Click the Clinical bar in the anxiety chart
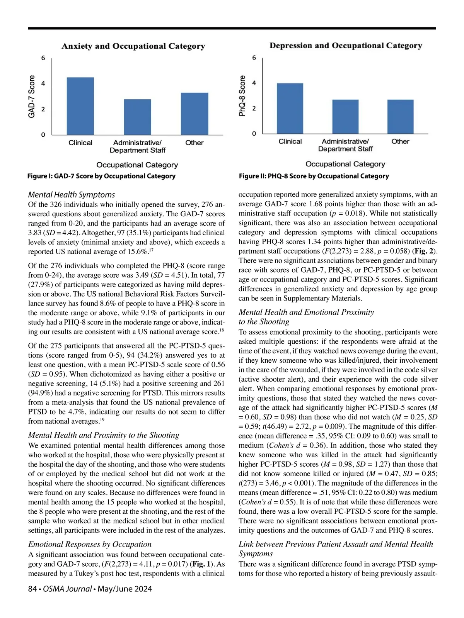coord(80,106)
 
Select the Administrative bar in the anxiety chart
coord(137,117)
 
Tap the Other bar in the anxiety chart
coord(194,114)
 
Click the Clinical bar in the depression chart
coord(290,109)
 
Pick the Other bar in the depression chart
coord(400,117)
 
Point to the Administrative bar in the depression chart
coord(345,117)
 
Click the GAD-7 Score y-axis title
coord(32,96)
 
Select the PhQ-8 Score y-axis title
coord(242,96)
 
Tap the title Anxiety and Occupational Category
coord(133,46)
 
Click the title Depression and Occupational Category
coord(346,46)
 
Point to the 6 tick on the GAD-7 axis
coord(43,58)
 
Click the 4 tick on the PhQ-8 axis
coord(254,83)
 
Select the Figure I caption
coord(101,176)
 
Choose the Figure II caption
coord(314,176)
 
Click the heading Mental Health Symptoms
coord(72,195)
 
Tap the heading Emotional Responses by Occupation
coord(90,544)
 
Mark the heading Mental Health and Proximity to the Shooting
coord(104,435)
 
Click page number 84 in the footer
coord(32,589)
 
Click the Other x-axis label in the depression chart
coord(400,141)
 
